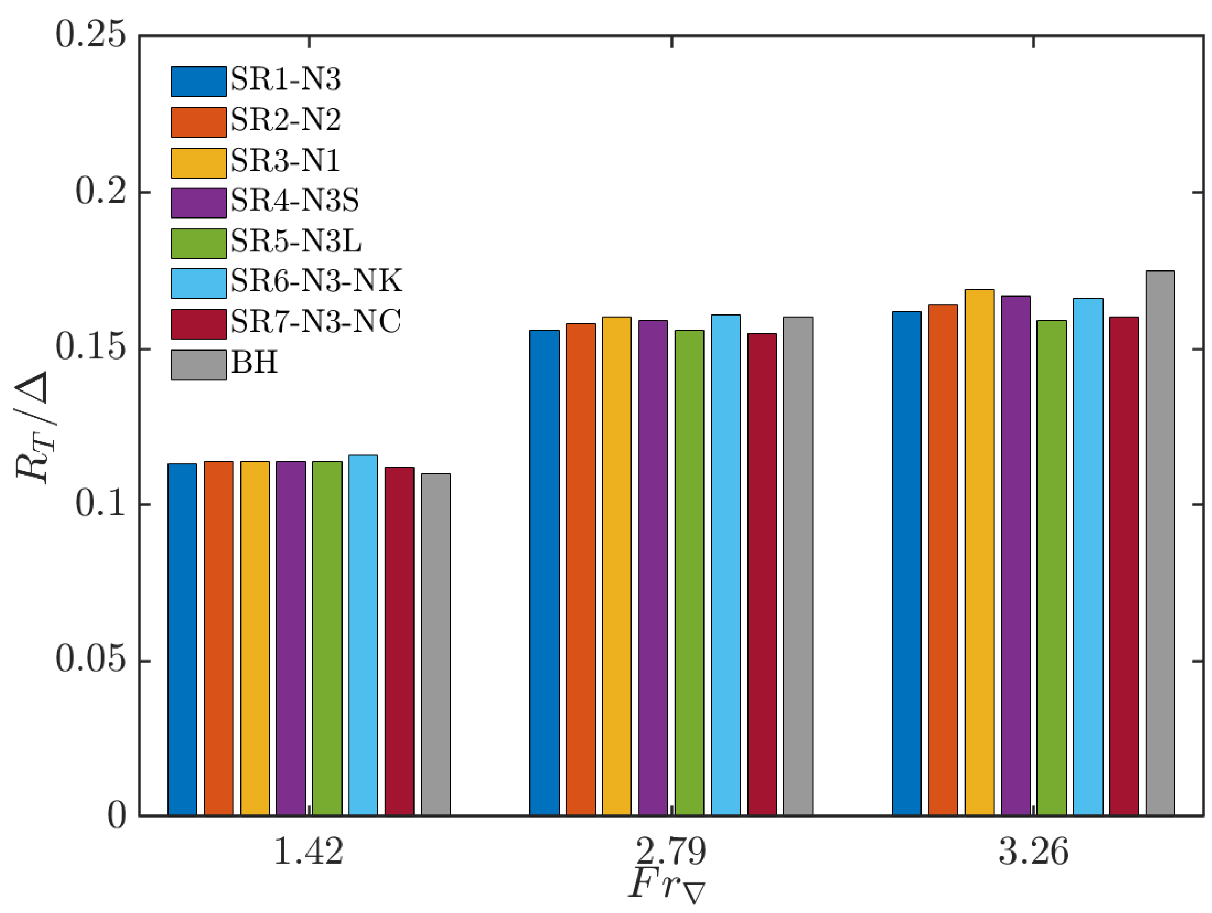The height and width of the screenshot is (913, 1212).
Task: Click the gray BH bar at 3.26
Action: click(1160, 543)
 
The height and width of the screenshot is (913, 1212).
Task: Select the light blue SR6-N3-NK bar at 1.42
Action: click(363, 635)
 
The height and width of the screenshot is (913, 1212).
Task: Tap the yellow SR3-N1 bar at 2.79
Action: click(616, 565)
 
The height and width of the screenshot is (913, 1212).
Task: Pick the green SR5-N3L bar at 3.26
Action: click(1051, 567)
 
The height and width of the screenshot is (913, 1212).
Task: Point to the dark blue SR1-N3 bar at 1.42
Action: click(182, 639)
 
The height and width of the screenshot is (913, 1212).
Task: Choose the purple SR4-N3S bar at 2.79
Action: click(652, 567)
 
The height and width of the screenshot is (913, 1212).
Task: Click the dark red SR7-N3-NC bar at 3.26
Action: click(1124, 565)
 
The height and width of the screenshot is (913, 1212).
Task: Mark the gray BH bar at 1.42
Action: click(435, 644)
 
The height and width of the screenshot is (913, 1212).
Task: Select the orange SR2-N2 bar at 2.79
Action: click(580, 569)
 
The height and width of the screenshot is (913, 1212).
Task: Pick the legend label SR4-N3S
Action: click(295, 201)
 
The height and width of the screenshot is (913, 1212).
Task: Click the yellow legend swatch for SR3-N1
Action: click(198, 163)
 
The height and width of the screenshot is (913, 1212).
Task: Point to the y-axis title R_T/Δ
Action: click(33, 427)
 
